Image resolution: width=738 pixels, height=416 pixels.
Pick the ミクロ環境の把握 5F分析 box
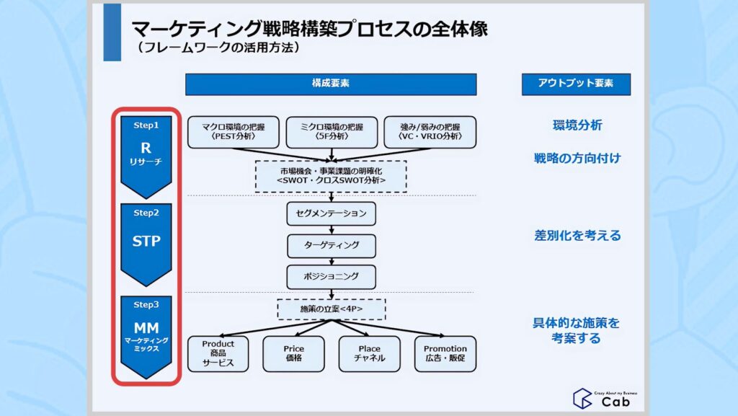tap(331, 132)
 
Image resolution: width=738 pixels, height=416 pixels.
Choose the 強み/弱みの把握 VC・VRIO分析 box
tap(430, 132)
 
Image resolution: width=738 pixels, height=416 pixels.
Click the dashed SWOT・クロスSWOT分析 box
tap(331, 176)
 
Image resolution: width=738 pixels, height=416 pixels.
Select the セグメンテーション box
tap(331, 213)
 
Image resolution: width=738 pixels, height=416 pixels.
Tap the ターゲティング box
tap(331, 245)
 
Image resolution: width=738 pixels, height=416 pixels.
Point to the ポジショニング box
tap(331, 276)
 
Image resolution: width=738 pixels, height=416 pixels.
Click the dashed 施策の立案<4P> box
tap(331, 309)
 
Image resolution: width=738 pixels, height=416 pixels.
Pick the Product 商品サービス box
tap(218, 353)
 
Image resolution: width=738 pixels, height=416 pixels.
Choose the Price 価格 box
tap(293, 353)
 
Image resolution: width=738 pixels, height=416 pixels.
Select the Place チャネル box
tap(369, 353)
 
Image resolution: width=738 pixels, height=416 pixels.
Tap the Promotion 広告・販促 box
tap(445, 353)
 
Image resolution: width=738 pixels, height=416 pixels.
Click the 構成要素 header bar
tap(331, 84)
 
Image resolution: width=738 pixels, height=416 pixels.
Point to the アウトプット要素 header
tap(576, 84)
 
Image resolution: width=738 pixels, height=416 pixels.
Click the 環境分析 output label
tap(577, 125)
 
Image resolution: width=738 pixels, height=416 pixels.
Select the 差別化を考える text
tap(577, 236)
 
